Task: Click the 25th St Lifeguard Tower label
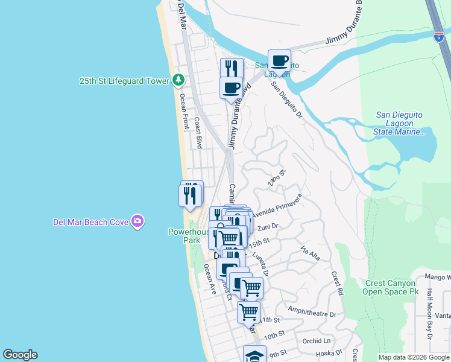(x=124, y=81)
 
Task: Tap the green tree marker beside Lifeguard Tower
(x=178, y=80)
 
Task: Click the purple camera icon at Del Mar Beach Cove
(x=137, y=221)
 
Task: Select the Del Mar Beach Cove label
(x=90, y=222)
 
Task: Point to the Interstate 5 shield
(x=438, y=37)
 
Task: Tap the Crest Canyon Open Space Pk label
(x=389, y=287)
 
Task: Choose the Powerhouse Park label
(x=183, y=236)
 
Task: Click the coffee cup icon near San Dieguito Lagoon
(x=279, y=61)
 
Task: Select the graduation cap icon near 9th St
(x=254, y=355)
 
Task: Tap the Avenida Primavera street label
(x=277, y=206)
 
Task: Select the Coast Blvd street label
(x=198, y=133)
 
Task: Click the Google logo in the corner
(x=20, y=355)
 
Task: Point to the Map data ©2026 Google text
(x=414, y=357)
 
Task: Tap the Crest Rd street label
(x=336, y=283)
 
